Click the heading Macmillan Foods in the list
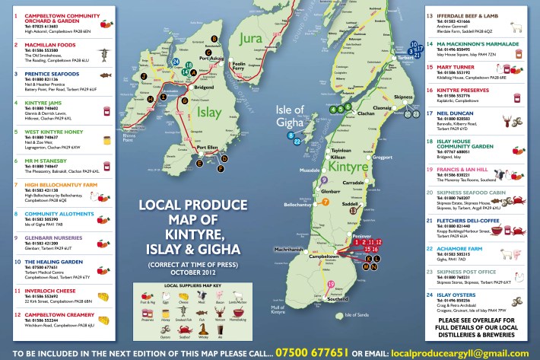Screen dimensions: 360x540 (x=48, y=44)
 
